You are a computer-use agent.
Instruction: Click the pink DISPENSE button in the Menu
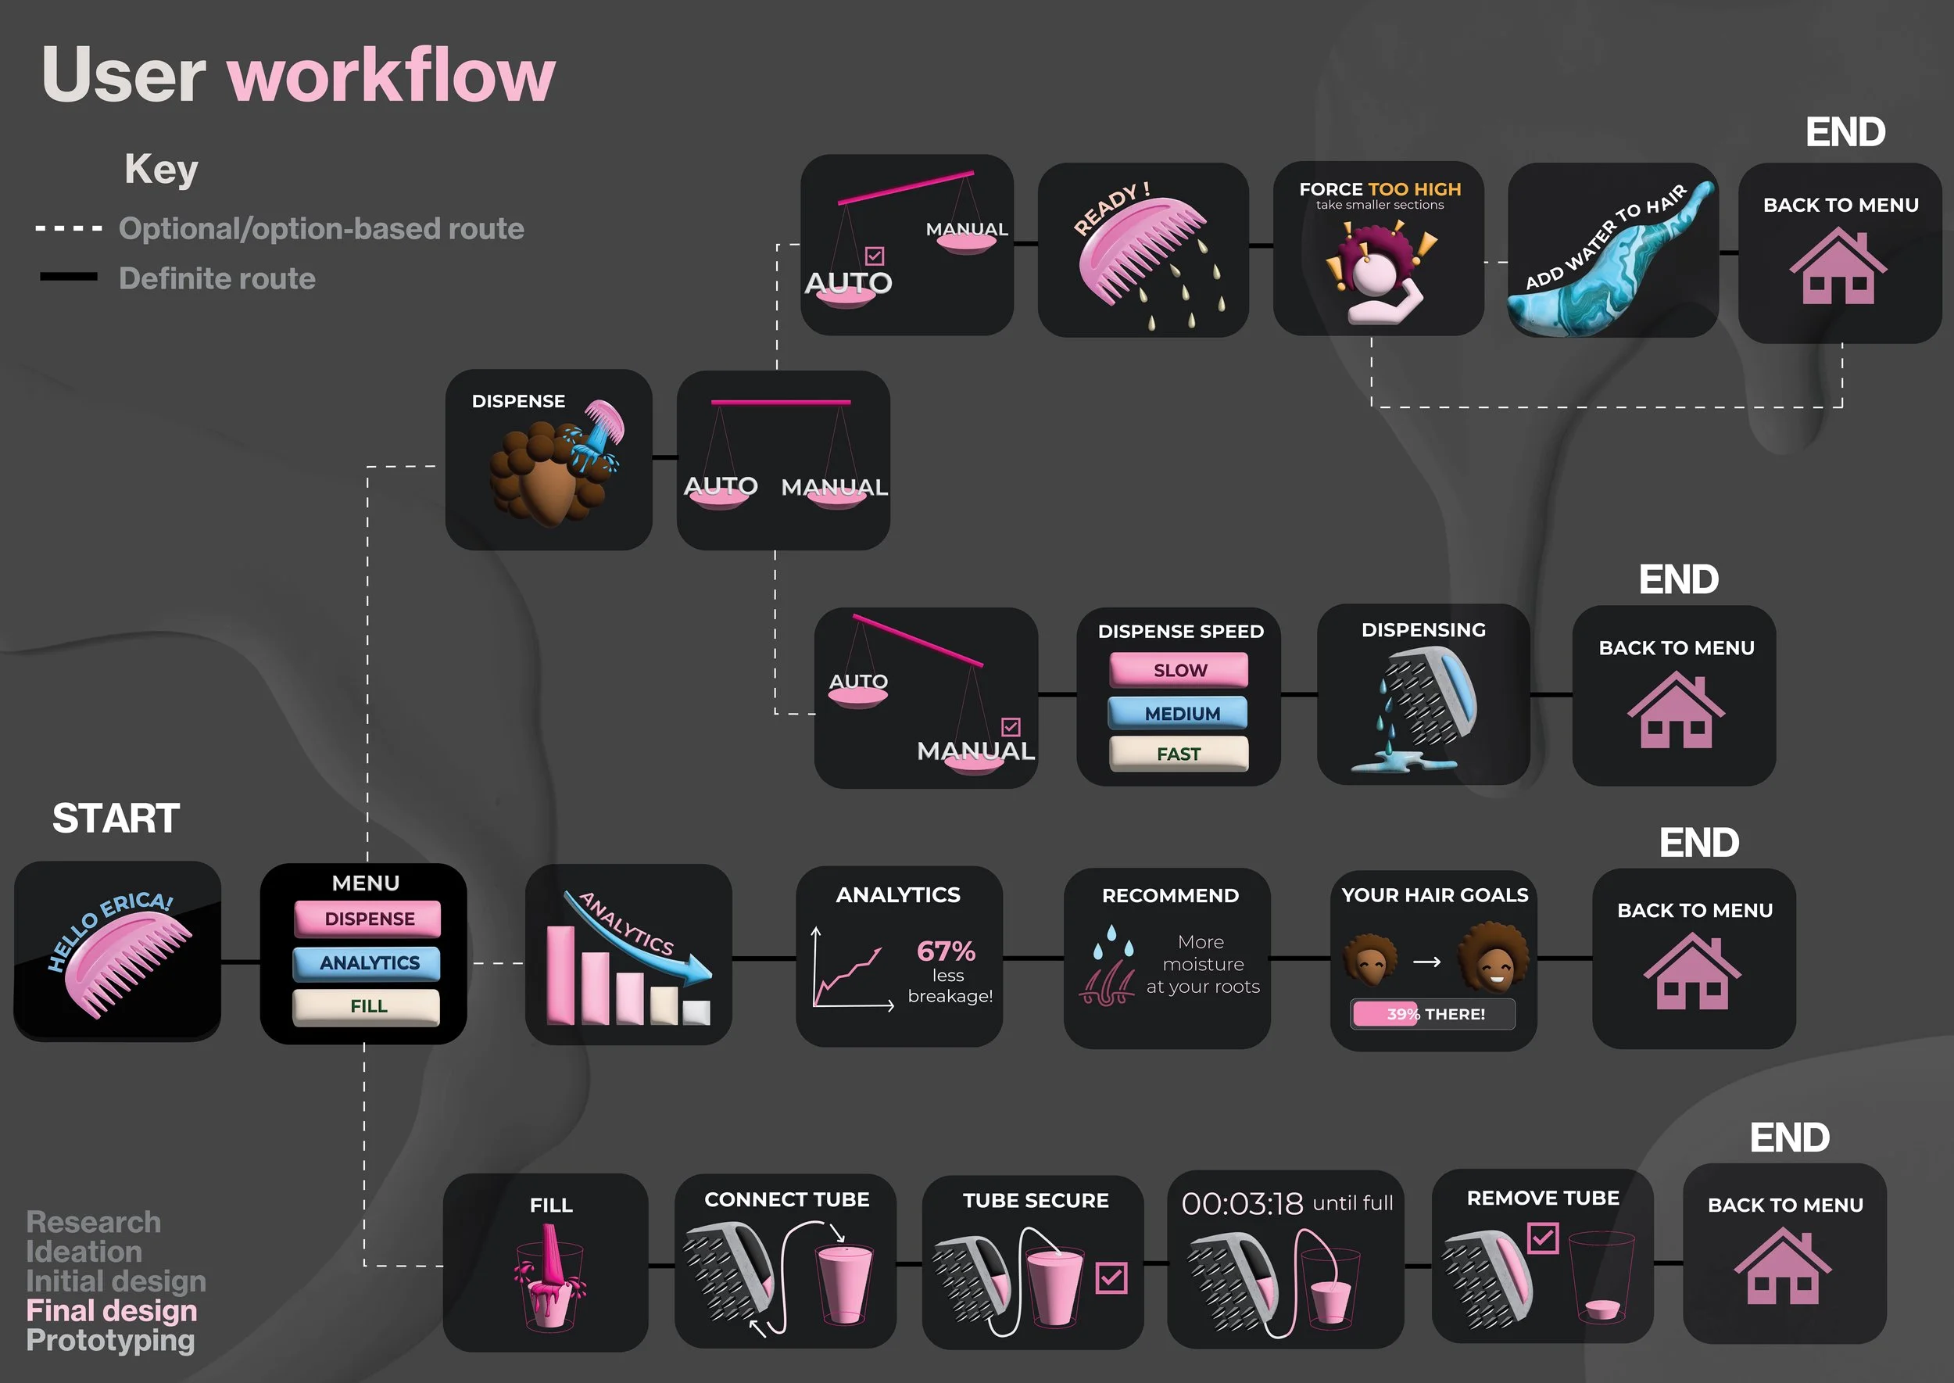coord(368,919)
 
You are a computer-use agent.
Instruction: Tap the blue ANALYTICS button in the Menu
coord(368,963)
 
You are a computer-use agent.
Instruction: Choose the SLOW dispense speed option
coord(1179,670)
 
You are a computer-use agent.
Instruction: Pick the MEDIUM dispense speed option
coord(1179,713)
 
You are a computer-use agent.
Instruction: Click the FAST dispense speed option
coord(1179,754)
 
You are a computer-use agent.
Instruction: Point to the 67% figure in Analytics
coord(946,951)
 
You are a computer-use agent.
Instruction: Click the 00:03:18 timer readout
coord(1242,1203)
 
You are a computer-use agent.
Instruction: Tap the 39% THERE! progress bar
coord(1433,1013)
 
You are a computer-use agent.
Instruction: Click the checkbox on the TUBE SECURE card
coord(1112,1277)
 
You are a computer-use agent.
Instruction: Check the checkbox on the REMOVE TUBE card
coord(1544,1238)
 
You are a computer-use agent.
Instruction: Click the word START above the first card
coord(116,819)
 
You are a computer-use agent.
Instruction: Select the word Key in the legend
coord(161,169)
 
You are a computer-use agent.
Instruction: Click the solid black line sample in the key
coord(68,277)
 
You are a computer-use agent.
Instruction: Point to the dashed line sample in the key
coord(68,228)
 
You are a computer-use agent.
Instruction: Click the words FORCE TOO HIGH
coord(1380,189)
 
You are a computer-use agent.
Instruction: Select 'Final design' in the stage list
coord(112,1310)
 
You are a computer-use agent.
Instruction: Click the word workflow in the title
coord(391,75)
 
